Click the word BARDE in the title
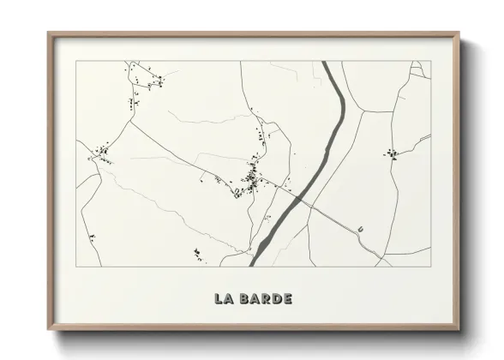click(x=267, y=299)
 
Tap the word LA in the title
click(x=225, y=299)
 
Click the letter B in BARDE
click(x=245, y=299)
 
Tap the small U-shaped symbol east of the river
click(x=362, y=229)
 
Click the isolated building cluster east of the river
click(x=392, y=154)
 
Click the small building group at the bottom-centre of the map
click(x=198, y=251)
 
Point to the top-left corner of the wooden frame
click(x=49, y=33)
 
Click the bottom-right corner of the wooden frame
click(x=459, y=327)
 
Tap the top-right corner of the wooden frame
click(x=459, y=33)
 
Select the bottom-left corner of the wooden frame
click(x=49, y=327)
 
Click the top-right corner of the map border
click(x=430, y=61)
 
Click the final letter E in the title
click(x=287, y=299)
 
